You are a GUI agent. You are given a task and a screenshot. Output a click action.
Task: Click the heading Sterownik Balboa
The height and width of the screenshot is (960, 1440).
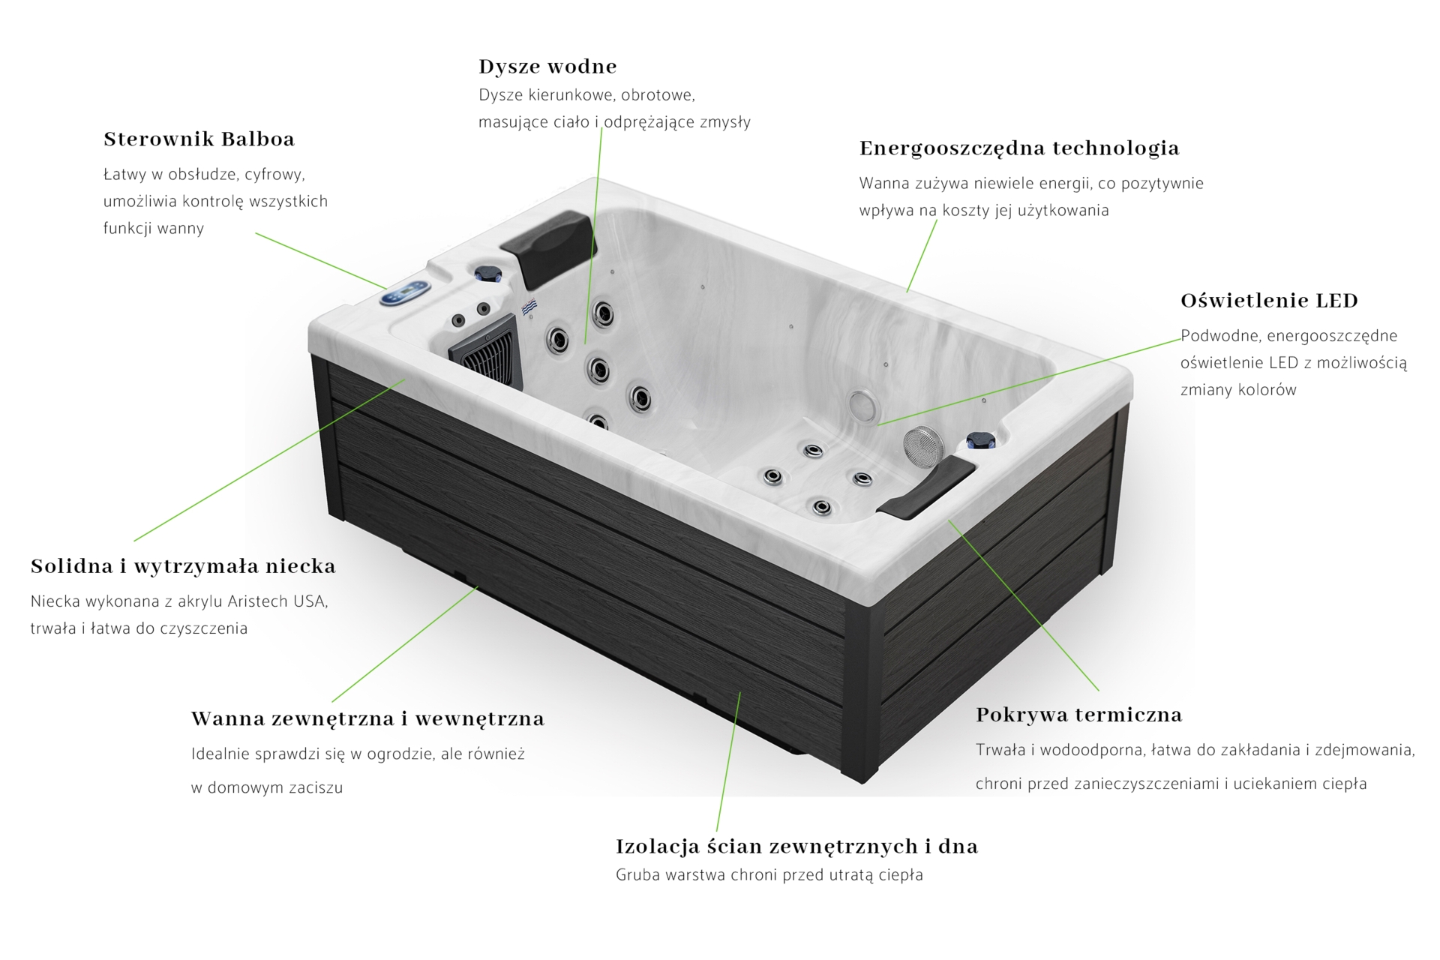pyautogui.click(x=199, y=139)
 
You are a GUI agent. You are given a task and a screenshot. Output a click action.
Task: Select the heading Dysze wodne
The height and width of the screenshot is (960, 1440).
pyautogui.click(x=547, y=67)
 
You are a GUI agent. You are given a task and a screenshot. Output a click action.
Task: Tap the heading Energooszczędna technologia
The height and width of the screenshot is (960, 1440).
pyautogui.click(x=1019, y=148)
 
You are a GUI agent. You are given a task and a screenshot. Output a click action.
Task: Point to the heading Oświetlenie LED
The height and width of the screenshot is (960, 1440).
pyautogui.click(x=1269, y=301)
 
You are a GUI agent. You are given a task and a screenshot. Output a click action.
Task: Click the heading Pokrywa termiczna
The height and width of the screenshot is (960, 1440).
pyautogui.click(x=1078, y=715)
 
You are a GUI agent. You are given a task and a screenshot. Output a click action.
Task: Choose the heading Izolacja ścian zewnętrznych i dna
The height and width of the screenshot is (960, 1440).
pyautogui.click(x=796, y=847)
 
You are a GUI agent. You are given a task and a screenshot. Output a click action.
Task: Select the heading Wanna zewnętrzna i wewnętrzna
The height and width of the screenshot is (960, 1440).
pyautogui.click(x=367, y=719)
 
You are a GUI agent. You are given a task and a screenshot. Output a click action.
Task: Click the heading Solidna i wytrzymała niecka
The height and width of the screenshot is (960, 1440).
pyautogui.click(x=183, y=566)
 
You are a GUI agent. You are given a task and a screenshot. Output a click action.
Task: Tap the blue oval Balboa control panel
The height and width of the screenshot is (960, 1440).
pyautogui.click(x=405, y=293)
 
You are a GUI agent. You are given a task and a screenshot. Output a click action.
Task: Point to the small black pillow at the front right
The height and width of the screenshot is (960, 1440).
pyautogui.click(x=926, y=487)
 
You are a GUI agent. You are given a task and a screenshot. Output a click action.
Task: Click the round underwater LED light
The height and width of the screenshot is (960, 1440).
pyautogui.click(x=865, y=406)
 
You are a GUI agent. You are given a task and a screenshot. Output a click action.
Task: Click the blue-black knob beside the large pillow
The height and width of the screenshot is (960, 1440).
pyautogui.click(x=489, y=272)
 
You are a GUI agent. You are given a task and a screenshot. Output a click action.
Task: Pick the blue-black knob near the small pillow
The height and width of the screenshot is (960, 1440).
pyautogui.click(x=980, y=441)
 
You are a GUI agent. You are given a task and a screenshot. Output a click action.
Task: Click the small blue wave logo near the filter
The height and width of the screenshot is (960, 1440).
pyautogui.click(x=529, y=307)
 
